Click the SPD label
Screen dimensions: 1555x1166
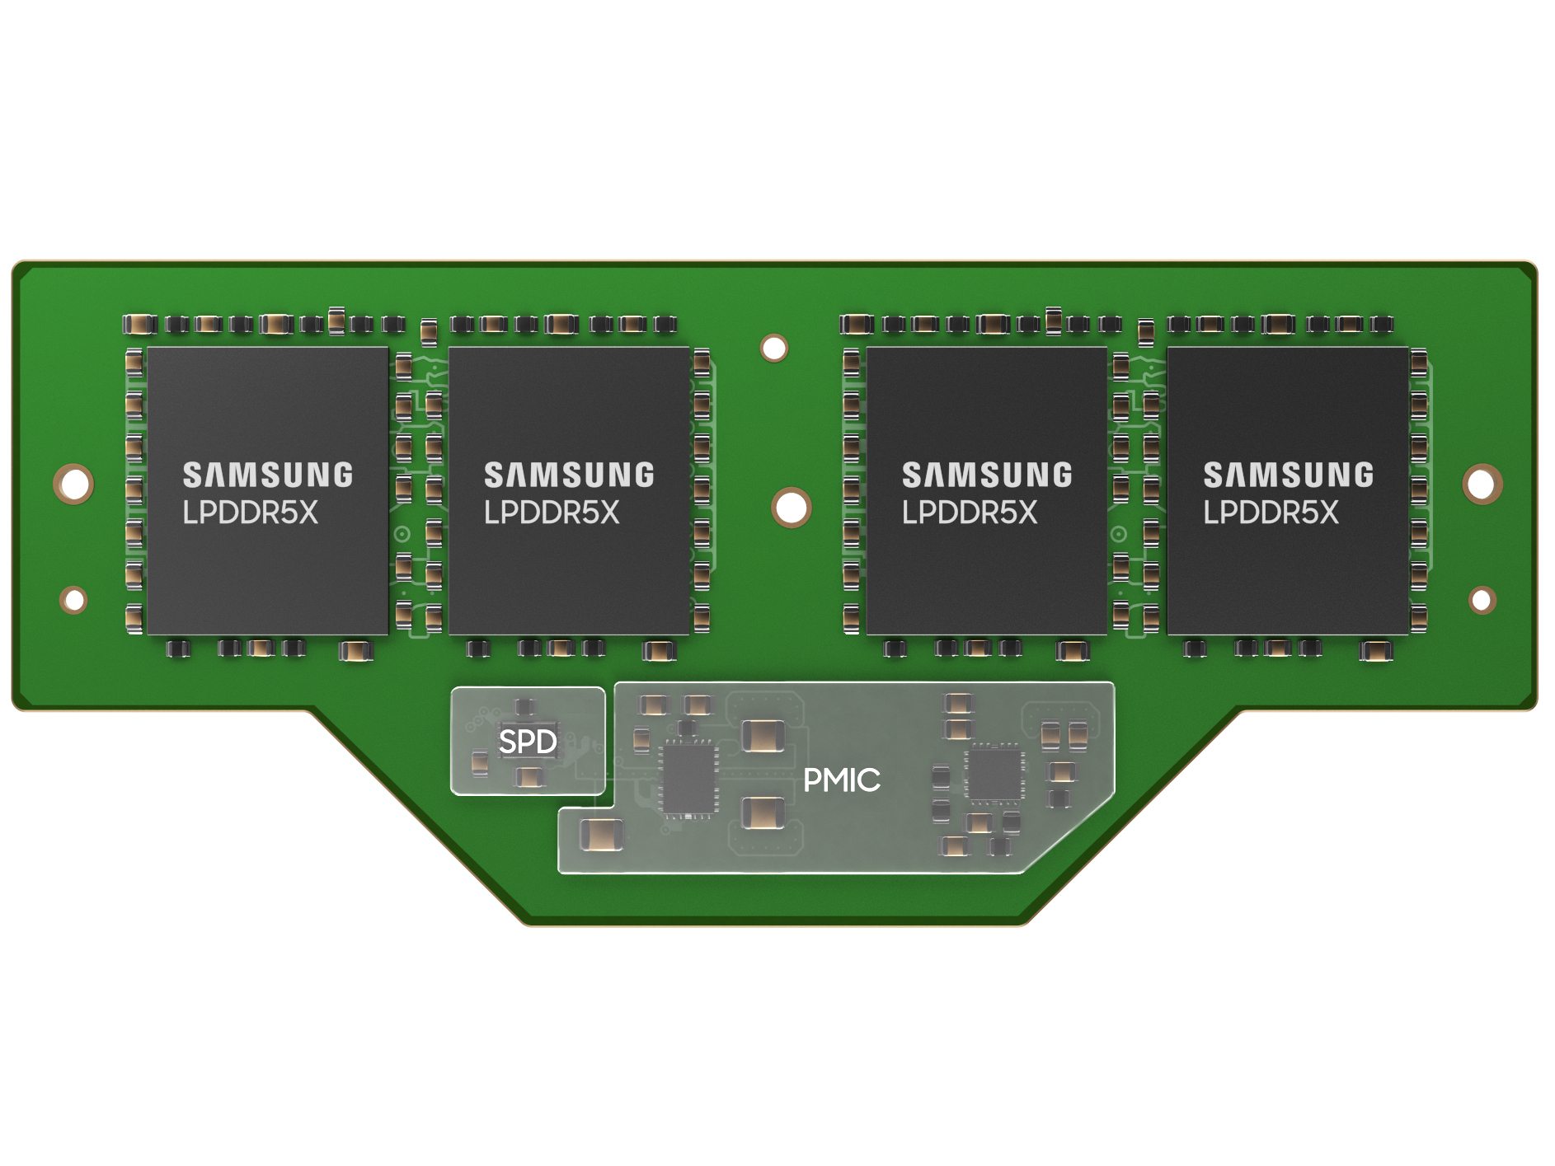pyautogui.click(x=528, y=742)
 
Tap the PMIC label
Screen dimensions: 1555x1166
pyautogui.click(x=842, y=780)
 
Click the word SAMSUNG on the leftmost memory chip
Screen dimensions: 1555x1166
pyautogui.click(x=268, y=475)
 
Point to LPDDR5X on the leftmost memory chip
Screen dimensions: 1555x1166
pyautogui.click(x=250, y=513)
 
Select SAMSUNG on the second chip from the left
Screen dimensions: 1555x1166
pyautogui.click(x=569, y=475)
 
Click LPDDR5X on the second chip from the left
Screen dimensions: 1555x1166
pyautogui.click(x=552, y=513)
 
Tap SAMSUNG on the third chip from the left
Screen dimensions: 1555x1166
pyautogui.click(x=987, y=475)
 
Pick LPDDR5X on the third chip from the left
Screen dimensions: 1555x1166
pyautogui.click(x=970, y=513)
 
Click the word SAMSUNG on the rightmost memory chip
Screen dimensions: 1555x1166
pyautogui.click(x=1289, y=475)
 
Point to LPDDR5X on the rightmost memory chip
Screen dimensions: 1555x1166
pyautogui.click(x=1271, y=513)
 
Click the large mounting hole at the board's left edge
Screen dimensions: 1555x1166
pyautogui.click(x=73, y=483)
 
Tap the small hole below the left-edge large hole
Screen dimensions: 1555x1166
pyautogui.click(x=73, y=600)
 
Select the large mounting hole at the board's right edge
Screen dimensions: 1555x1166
pyautogui.click(x=1482, y=483)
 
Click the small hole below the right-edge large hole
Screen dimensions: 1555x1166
pyautogui.click(x=1482, y=600)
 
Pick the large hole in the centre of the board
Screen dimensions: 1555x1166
pyautogui.click(x=792, y=507)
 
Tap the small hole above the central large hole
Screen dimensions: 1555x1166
pyautogui.click(x=774, y=348)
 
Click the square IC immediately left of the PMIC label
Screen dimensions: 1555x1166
pyautogui.click(x=688, y=777)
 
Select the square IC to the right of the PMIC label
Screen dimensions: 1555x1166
pyautogui.click(x=994, y=773)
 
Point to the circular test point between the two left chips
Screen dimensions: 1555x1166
pyautogui.click(x=402, y=534)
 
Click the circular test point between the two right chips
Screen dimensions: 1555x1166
pyautogui.click(x=1119, y=534)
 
